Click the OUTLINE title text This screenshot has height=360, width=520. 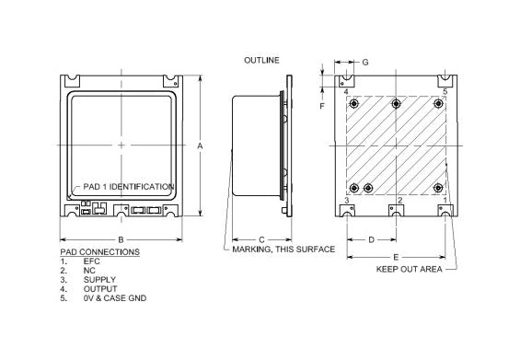click(261, 60)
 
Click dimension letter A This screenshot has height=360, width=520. click(200, 145)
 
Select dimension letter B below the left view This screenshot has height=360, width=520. click(121, 239)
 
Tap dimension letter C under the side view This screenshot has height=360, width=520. click(261, 239)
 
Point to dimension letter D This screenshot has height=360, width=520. click(370, 239)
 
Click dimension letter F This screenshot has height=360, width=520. click(322, 106)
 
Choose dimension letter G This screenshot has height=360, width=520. click(365, 62)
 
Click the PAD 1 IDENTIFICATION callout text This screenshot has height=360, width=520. click(129, 187)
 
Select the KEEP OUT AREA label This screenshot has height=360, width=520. click(410, 270)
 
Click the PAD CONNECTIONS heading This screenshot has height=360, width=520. click(99, 251)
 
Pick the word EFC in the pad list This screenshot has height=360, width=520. click(91, 261)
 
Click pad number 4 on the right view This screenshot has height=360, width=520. click(346, 92)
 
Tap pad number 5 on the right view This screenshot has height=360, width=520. click(445, 92)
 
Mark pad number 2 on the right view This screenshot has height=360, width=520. click(399, 199)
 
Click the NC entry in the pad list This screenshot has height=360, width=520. click(88, 271)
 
